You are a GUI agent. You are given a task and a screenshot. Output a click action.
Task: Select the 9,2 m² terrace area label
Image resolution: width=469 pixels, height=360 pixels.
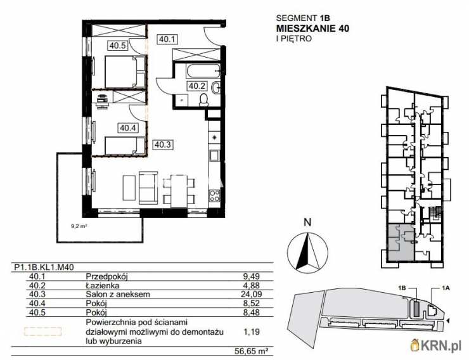79,224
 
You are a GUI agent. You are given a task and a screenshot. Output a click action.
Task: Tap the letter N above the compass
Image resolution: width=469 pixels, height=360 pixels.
307,222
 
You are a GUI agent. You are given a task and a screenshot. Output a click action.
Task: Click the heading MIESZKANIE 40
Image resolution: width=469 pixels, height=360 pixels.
312,29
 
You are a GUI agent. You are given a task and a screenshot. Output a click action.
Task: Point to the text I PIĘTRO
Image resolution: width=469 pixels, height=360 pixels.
295,39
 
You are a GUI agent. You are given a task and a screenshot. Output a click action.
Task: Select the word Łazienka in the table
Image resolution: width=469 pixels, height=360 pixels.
102,285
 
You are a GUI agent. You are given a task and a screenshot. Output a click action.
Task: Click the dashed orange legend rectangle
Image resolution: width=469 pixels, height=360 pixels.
43,331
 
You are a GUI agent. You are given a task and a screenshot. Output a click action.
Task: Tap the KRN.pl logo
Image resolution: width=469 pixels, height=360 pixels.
437,345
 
